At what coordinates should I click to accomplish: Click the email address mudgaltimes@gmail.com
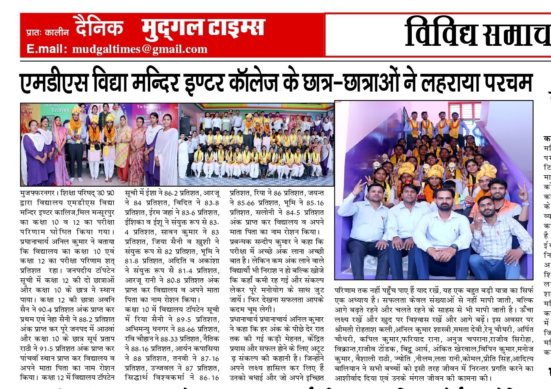click(x=140, y=49)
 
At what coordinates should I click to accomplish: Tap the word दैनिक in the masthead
click(x=98, y=28)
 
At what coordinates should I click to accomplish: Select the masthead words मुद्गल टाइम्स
click(x=204, y=28)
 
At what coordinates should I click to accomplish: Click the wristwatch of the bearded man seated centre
click(x=454, y=246)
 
